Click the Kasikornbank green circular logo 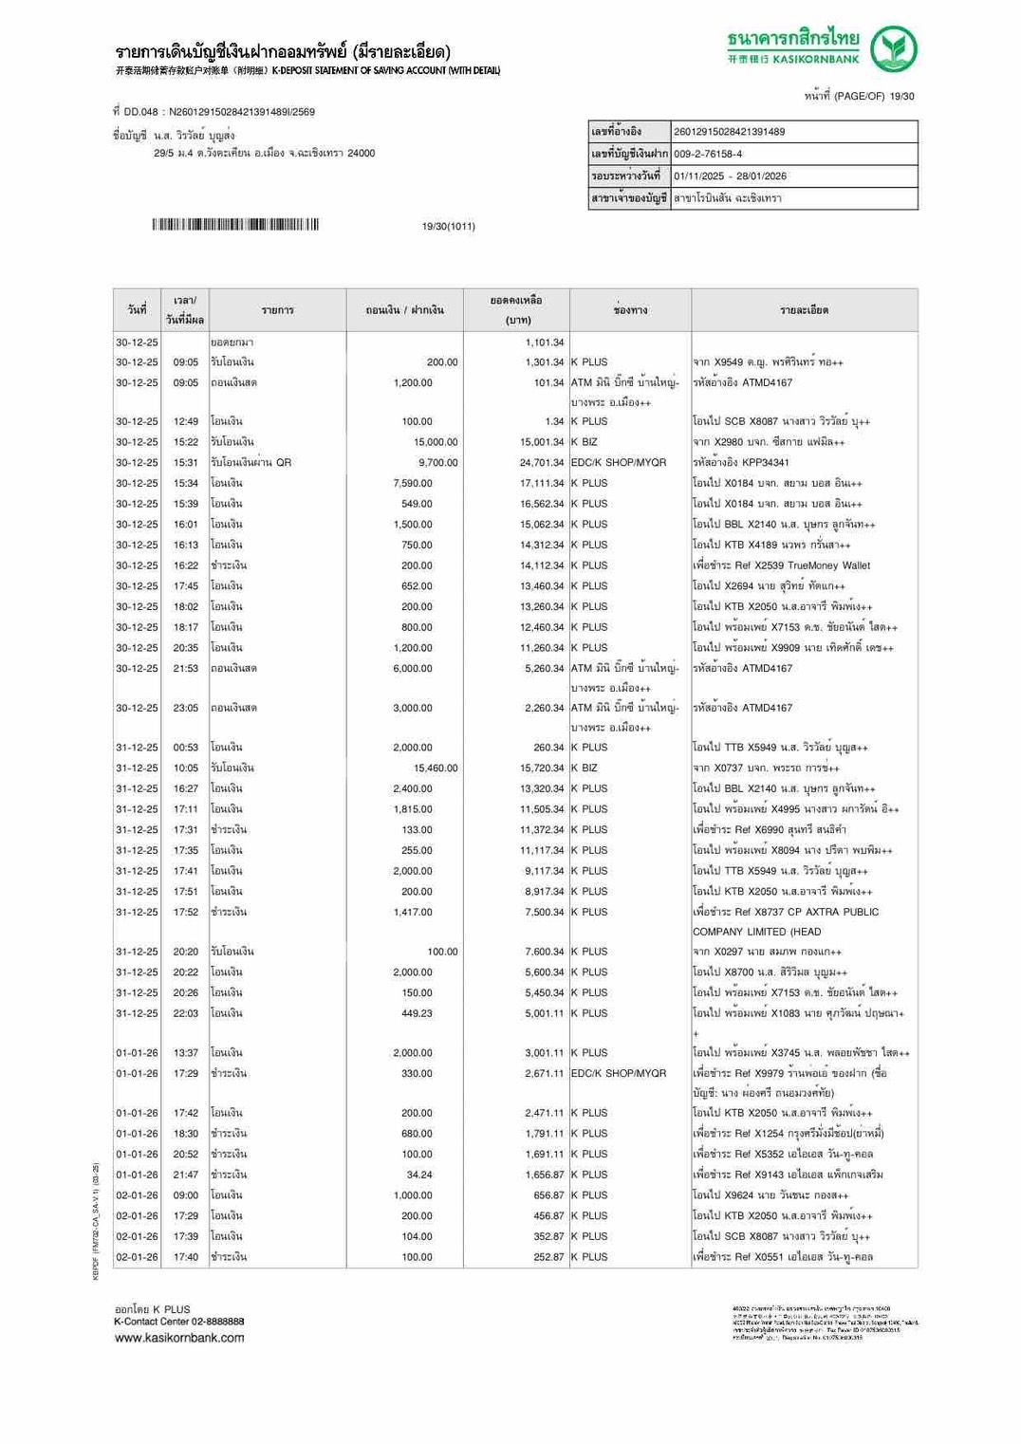point(894,49)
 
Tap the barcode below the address point(235,225)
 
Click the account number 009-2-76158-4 point(709,154)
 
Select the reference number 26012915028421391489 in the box point(730,132)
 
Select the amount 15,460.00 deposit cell point(435,768)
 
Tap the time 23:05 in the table point(186,709)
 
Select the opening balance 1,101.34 point(545,342)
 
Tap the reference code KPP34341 point(767,463)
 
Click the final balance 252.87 point(548,1257)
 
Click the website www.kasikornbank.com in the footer point(179,1338)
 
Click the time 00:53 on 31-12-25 point(186,748)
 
